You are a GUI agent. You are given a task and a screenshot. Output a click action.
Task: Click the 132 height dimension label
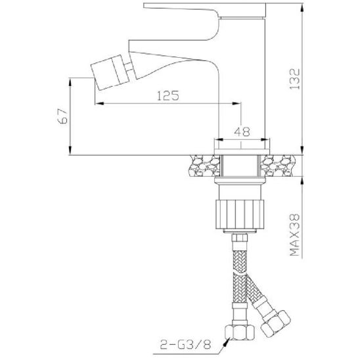(x=294, y=79)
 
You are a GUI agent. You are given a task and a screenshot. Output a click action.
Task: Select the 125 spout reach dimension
(x=168, y=95)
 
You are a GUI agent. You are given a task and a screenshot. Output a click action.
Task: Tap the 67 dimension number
(x=63, y=116)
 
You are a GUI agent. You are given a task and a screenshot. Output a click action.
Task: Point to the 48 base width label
(x=242, y=131)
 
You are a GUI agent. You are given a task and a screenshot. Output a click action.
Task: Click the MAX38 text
(x=294, y=235)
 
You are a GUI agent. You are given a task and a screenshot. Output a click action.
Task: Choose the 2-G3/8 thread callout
(x=185, y=344)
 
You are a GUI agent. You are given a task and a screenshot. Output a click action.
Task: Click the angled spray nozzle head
(x=110, y=72)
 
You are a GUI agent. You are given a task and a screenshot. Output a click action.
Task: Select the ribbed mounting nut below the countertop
(x=240, y=214)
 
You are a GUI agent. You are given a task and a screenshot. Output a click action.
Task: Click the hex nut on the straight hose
(x=240, y=332)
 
